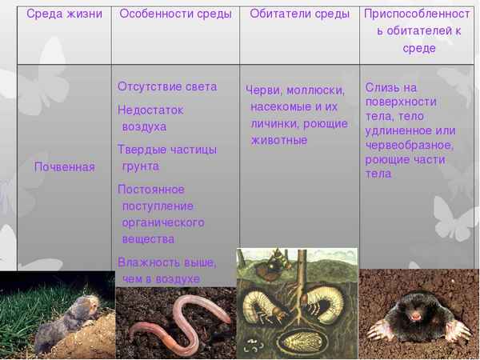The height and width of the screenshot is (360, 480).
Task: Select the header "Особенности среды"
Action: tap(175, 14)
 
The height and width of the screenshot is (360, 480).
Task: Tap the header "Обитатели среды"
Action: tap(299, 14)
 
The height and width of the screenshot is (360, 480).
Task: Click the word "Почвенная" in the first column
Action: tap(64, 166)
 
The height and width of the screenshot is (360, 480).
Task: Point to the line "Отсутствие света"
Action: tap(166, 86)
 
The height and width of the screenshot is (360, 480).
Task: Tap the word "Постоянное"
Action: tap(151, 190)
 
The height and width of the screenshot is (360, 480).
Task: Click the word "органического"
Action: tap(163, 222)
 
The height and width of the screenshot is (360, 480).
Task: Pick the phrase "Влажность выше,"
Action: tap(166, 262)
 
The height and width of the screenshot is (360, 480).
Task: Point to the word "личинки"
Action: tap(274, 123)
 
